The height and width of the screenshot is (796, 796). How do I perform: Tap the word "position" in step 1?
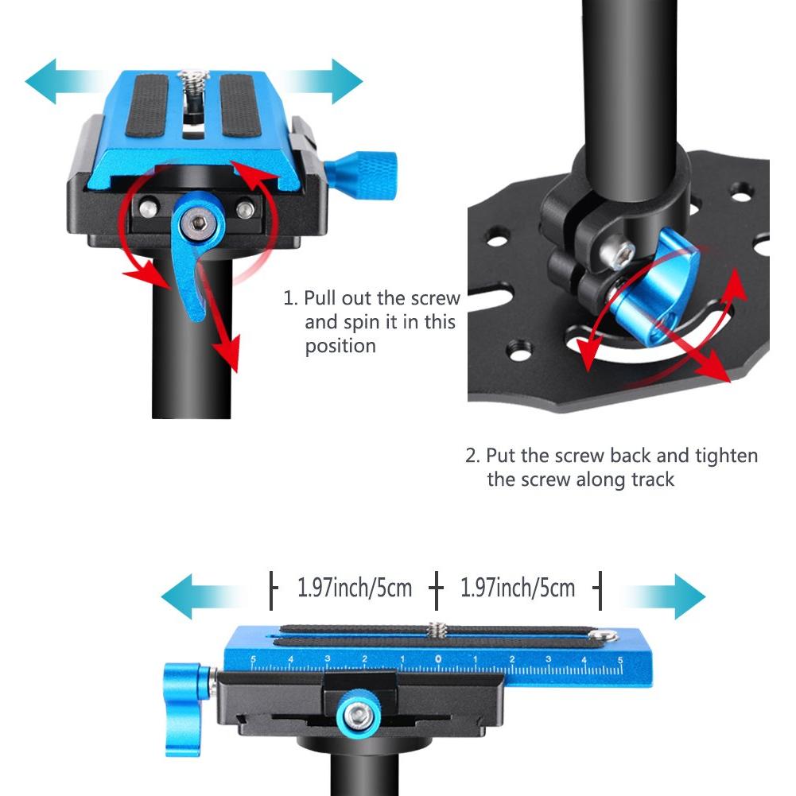click(340, 347)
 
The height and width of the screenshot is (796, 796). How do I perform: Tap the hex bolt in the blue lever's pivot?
click(198, 223)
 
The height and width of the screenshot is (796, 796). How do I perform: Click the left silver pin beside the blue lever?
click(149, 208)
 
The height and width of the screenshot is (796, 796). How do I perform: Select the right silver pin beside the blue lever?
click(245, 208)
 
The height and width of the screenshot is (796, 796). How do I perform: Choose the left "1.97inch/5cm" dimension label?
click(355, 588)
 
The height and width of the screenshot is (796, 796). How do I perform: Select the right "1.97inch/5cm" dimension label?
click(518, 588)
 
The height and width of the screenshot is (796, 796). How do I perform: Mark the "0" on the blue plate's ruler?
click(438, 659)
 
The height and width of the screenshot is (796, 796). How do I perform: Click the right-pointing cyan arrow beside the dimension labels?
click(662, 596)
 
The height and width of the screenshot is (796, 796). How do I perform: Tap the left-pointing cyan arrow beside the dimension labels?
click(203, 596)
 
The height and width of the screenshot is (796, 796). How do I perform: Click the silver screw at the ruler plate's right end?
click(605, 635)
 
